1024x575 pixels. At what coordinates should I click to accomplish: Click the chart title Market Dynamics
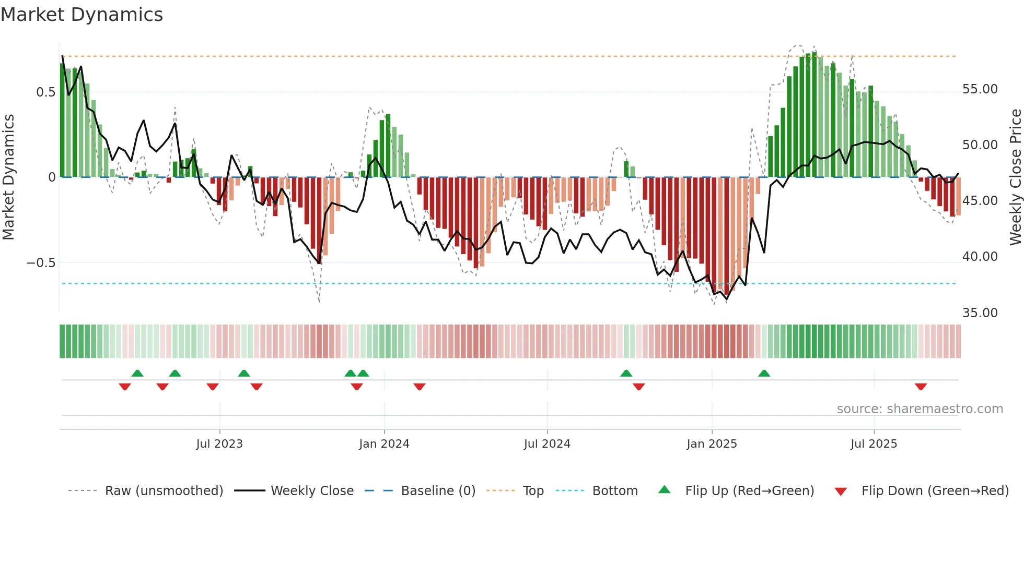[82, 15]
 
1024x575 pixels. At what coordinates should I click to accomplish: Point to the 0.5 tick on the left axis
[45, 92]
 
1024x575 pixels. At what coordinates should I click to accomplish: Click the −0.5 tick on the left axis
[41, 262]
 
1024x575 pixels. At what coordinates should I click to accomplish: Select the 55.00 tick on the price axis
[980, 89]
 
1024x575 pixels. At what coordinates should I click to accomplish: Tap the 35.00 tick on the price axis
[980, 313]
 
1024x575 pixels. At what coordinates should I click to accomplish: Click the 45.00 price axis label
[980, 201]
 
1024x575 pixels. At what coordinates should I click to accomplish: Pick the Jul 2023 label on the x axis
[219, 444]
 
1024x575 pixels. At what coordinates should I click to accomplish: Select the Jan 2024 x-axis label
[384, 444]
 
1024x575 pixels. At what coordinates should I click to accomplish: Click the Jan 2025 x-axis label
[712, 444]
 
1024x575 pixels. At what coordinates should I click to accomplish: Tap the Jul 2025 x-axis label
[874, 444]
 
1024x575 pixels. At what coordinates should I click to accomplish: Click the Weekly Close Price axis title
[1015, 177]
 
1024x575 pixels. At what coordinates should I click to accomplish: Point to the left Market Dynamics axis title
[8, 177]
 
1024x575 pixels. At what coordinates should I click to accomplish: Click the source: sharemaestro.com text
[920, 409]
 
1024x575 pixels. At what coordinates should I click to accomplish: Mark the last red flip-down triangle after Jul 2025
[921, 387]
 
